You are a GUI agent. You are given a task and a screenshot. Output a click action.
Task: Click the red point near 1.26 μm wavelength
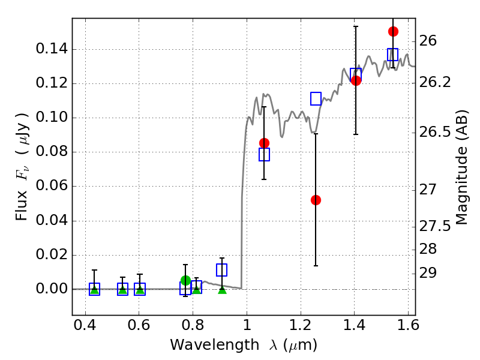(x=316, y=200)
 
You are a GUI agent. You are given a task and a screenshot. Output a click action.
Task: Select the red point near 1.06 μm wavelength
(x=264, y=143)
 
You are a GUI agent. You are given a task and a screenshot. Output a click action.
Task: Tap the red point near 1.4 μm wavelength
(x=356, y=80)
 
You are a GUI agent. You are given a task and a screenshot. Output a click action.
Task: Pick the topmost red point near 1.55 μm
(x=393, y=31)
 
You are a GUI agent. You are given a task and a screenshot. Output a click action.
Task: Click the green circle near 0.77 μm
(x=185, y=280)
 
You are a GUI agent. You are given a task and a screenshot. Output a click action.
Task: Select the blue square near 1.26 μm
(x=316, y=98)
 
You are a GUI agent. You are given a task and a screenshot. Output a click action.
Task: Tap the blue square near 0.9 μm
(x=222, y=270)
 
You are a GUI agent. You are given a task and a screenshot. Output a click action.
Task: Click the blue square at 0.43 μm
(x=94, y=289)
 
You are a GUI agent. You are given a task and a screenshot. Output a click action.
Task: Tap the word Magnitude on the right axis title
(x=461, y=180)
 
